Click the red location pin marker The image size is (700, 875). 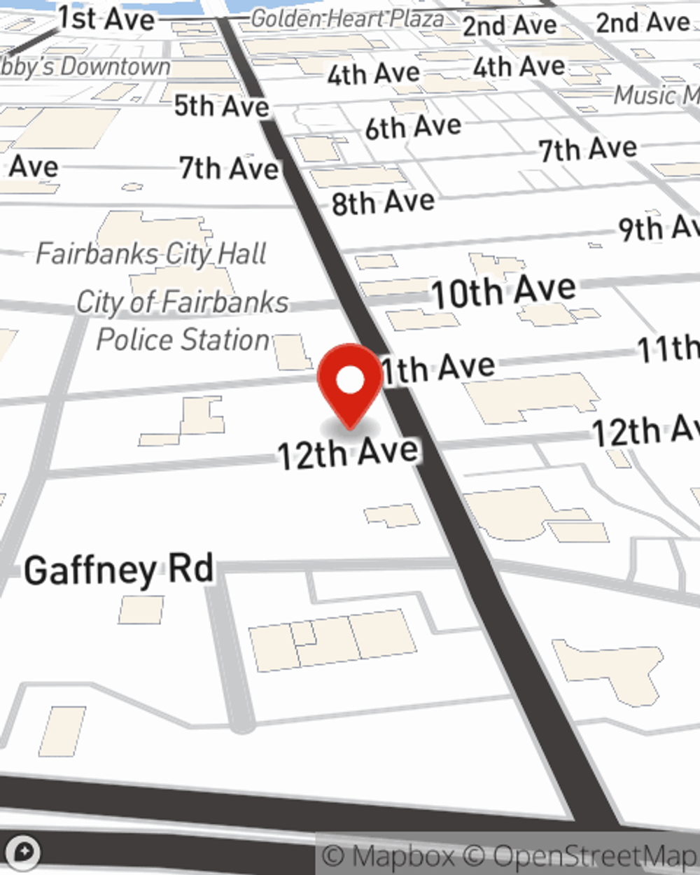[x=351, y=382]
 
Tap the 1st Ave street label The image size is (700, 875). [x=106, y=18]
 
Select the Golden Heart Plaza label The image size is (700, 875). [x=347, y=19]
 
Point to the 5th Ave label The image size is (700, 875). [x=221, y=106]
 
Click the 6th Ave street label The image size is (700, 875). [x=413, y=127]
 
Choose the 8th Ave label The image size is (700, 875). [x=383, y=203]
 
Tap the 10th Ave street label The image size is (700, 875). [x=503, y=291]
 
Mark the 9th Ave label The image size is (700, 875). [x=658, y=228]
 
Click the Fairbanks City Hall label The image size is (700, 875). [x=151, y=253]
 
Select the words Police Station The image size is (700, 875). [x=183, y=339]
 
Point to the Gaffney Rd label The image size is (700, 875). [x=119, y=570]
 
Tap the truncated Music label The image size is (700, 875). [x=655, y=95]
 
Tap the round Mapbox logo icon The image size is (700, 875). [x=23, y=852]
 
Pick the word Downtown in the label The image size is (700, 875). [x=115, y=67]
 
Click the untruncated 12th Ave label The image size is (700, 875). [x=348, y=454]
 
